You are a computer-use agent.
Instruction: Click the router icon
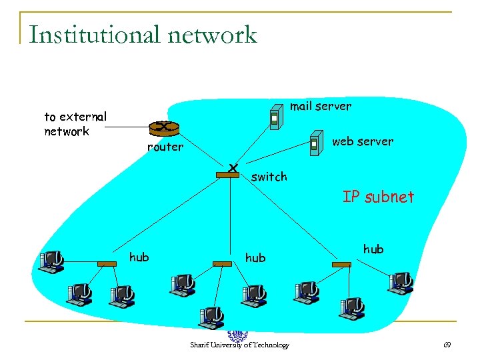point(163,127)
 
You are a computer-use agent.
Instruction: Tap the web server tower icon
point(315,144)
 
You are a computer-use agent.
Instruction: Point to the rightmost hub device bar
point(341,264)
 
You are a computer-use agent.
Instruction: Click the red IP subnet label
point(378,197)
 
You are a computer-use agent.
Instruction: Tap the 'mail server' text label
point(320,106)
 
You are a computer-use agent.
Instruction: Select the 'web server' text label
point(362,141)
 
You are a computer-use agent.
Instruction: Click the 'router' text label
point(165,147)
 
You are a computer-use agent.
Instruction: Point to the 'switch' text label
point(269,177)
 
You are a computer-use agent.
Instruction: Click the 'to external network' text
point(75,124)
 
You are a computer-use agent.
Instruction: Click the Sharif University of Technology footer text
point(239,345)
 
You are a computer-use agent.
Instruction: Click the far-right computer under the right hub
point(400,281)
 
